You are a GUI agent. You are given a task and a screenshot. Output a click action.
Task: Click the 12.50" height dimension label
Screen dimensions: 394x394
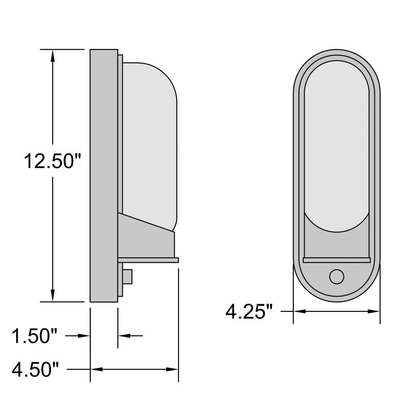tap(52, 161)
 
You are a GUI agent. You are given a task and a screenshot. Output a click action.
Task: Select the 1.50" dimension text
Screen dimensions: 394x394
tap(35, 336)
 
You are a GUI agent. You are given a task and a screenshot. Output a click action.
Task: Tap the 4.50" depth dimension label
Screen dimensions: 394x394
tap(35, 370)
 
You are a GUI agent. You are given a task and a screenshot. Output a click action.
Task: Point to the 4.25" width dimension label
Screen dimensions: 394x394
tap(249, 312)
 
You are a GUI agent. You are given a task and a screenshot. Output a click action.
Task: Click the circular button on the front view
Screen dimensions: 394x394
tap(337, 277)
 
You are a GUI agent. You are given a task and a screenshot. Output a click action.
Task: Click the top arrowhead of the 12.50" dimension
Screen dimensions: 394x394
tap(52, 56)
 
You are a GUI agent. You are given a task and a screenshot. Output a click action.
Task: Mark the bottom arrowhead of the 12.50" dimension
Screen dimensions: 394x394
tap(52, 295)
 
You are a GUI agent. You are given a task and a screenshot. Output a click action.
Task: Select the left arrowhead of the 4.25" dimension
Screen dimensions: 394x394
tap(300, 311)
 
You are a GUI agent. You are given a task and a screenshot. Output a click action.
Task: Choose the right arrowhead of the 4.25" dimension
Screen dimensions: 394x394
tap(374, 311)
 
